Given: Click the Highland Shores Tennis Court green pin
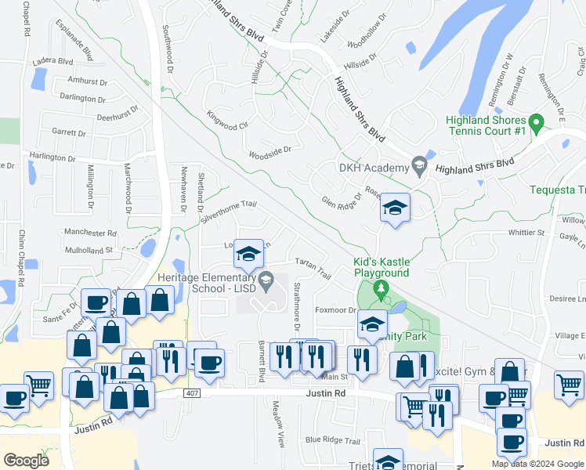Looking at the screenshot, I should point(537,123).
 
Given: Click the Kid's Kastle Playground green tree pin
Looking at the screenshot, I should point(382,290).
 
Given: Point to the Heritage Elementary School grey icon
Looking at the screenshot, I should point(266,279).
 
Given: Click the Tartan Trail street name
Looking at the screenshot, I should point(313,267).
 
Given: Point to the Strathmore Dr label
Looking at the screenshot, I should point(297,309).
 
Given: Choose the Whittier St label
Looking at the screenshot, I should point(526,233).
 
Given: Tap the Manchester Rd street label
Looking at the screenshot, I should point(90,233).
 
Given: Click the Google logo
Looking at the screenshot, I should point(27,460).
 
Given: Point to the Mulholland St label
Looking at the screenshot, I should point(89,250).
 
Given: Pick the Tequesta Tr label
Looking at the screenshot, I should point(557,190).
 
